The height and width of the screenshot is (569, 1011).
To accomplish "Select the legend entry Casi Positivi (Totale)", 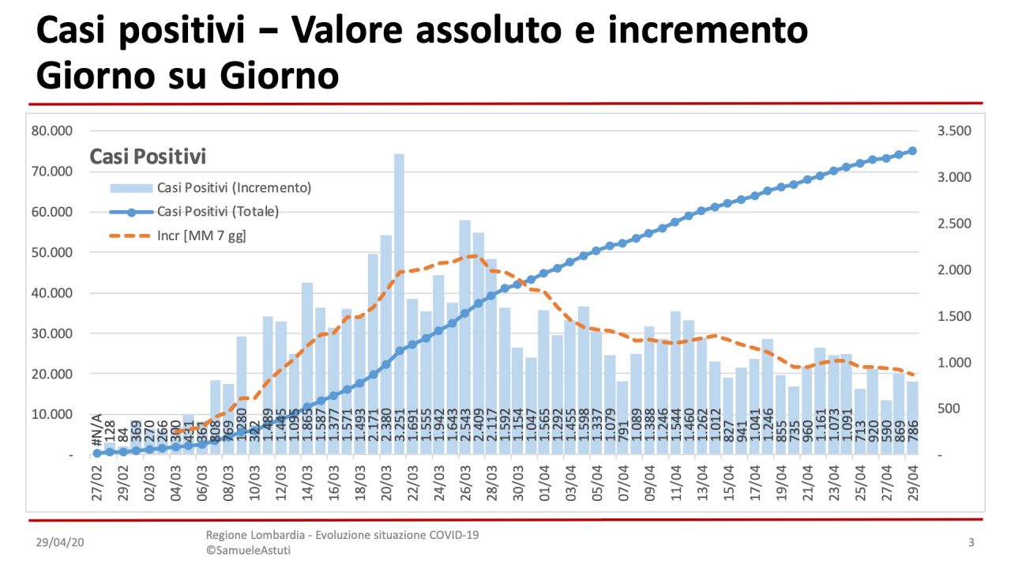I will [217, 212].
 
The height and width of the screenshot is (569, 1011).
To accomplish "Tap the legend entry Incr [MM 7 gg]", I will [201, 236].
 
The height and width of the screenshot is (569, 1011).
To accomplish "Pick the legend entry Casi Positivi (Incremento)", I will [234, 188].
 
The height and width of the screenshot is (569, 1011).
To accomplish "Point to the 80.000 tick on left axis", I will [51, 130].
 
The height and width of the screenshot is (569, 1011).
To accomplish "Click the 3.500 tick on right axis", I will [955, 130].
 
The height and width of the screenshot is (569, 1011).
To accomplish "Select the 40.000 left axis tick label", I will [51, 292].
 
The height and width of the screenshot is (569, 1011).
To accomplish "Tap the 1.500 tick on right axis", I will [955, 316].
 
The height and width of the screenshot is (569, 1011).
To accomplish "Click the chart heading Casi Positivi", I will [148, 156].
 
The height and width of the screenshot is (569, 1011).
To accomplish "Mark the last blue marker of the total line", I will [912, 151].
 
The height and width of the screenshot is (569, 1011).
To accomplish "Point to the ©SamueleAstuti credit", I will [248, 550].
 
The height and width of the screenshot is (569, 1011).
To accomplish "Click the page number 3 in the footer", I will [971, 543].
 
